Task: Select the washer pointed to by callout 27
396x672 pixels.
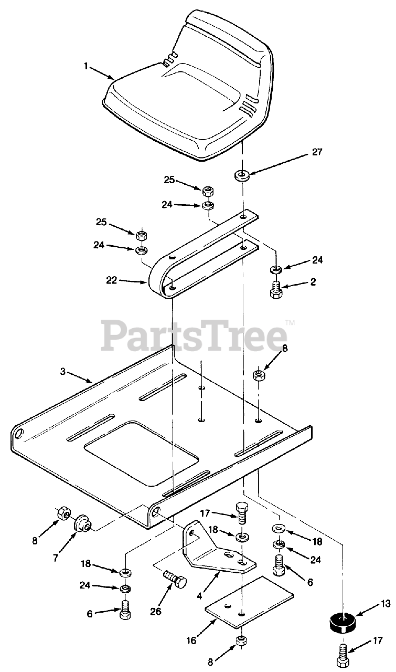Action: click(242, 175)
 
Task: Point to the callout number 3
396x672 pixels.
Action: click(63, 371)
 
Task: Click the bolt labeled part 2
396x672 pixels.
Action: click(276, 290)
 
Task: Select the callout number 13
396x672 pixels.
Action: click(386, 604)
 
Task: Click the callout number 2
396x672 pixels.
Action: click(313, 282)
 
